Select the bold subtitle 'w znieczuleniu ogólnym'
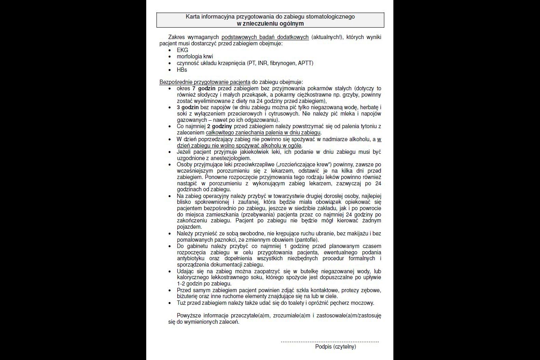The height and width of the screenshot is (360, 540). coord(270,23)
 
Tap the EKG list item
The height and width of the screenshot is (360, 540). coord(182,50)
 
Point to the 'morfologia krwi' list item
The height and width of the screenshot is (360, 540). coord(195,56)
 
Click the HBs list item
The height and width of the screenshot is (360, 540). coord(182,70)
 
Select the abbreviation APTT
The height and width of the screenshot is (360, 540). coord(305,63)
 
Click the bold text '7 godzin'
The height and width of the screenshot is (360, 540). coord(204,88)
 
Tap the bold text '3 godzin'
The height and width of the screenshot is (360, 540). coord(188,107)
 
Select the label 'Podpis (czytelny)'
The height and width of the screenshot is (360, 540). coord(335,347)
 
